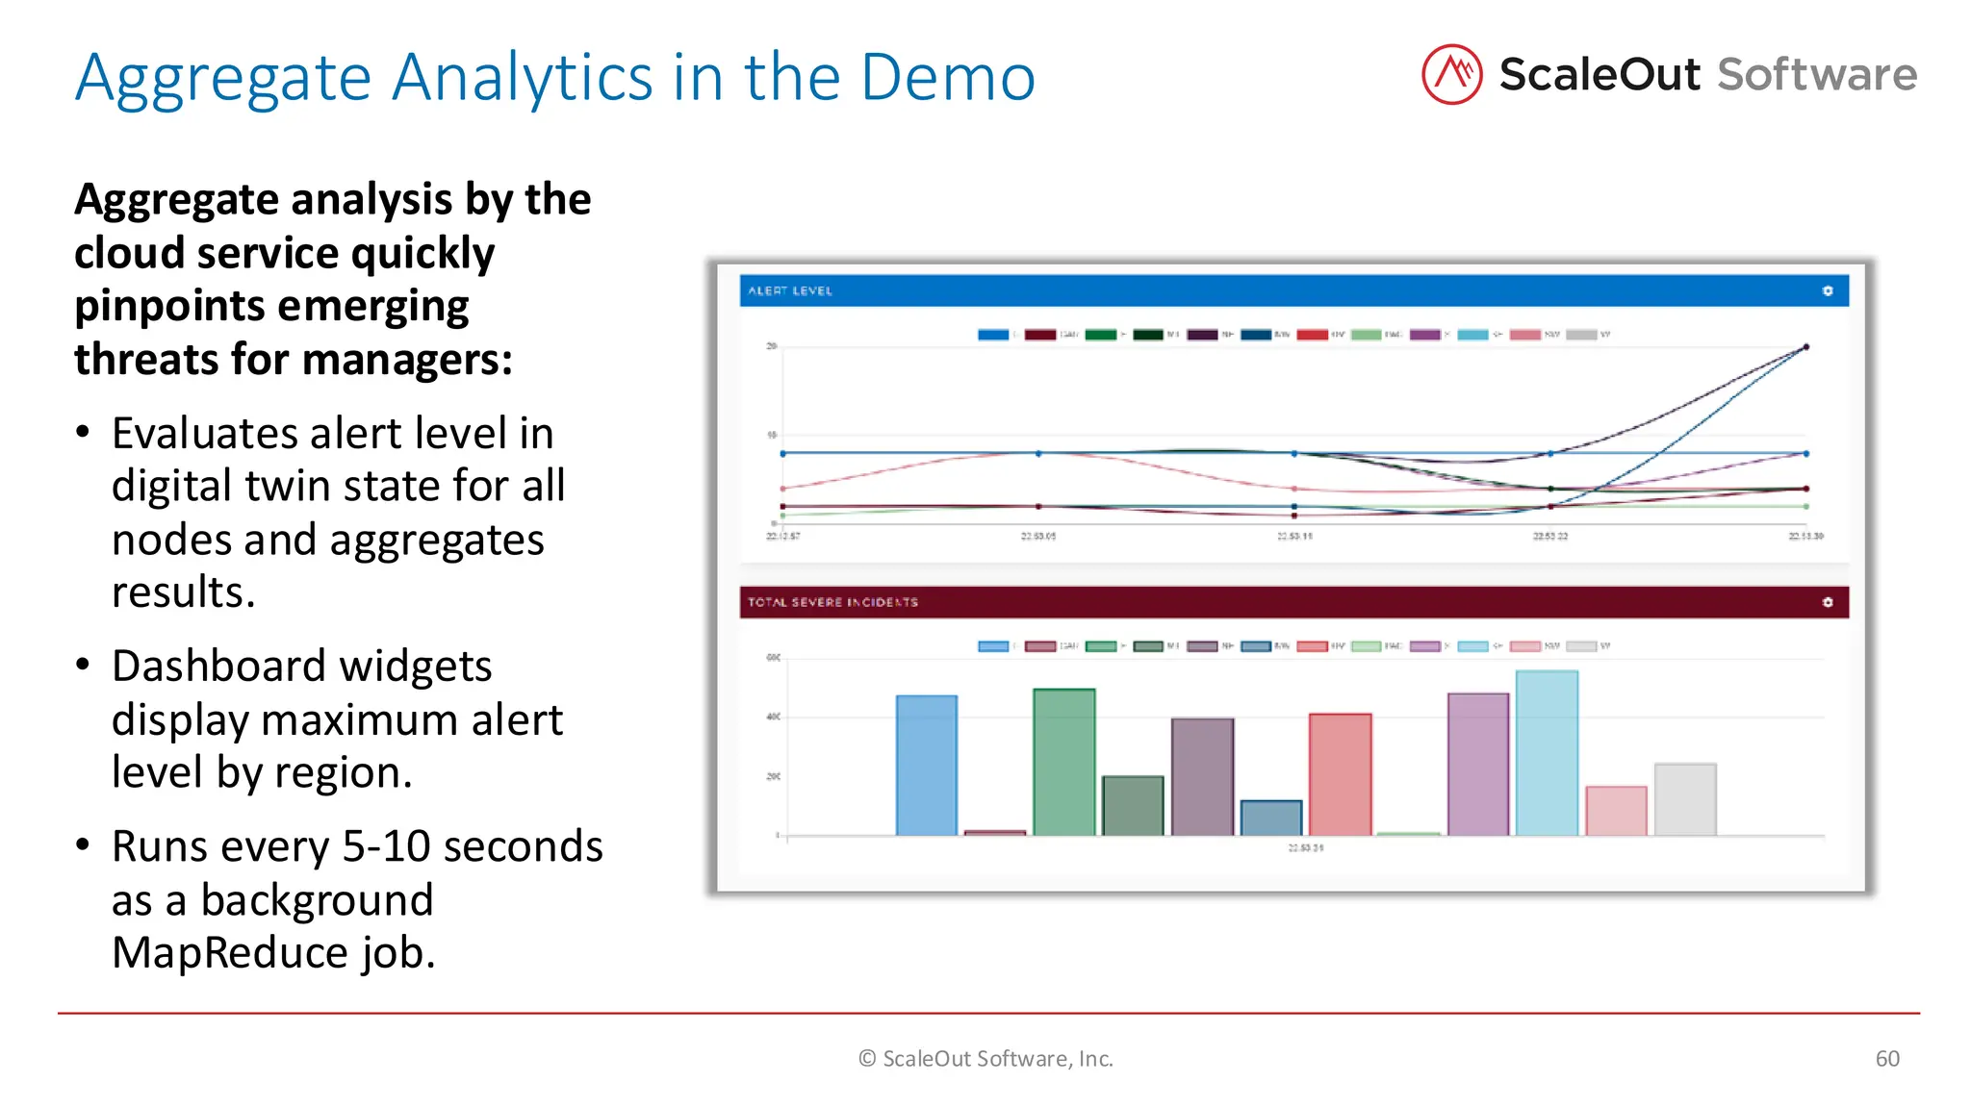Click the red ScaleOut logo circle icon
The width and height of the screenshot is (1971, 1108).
point(1451,74)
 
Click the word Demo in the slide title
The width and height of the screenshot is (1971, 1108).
point(947,77)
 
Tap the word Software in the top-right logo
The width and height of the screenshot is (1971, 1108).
point(1817,74)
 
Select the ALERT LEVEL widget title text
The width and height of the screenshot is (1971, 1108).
point(790,290)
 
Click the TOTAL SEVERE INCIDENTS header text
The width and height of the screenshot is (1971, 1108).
point(832,602)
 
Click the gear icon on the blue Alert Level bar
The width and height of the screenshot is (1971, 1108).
point(1827,290)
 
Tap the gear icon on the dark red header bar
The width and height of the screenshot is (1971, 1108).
point(1827,602)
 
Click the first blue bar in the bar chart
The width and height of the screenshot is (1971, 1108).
point(926,765)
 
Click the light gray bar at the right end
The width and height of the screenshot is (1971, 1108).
point(1684,799)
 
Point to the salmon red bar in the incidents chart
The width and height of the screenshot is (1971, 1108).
point(1340,774)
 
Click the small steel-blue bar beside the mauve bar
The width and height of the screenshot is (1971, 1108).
point(1270,818)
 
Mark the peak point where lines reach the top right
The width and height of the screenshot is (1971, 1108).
point(1805,347)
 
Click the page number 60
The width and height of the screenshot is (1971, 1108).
point(1886,1059)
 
